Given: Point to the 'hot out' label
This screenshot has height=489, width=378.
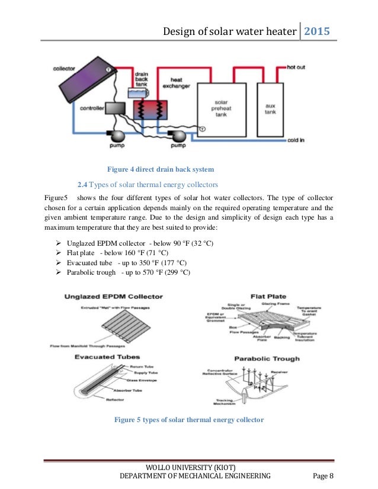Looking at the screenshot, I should pyautogui.click(x=296, y=67).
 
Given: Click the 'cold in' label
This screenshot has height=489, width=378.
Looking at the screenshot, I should pyautogui.click(x=296, y=140).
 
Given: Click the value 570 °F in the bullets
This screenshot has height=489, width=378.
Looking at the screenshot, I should pyautogui.click(x=159, y=272).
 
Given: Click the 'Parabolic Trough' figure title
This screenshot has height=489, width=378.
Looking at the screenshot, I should pyautogui.click(x=267, y=358).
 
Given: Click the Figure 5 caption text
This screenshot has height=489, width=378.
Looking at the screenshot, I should pyautogui.click(x=188, y=420).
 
